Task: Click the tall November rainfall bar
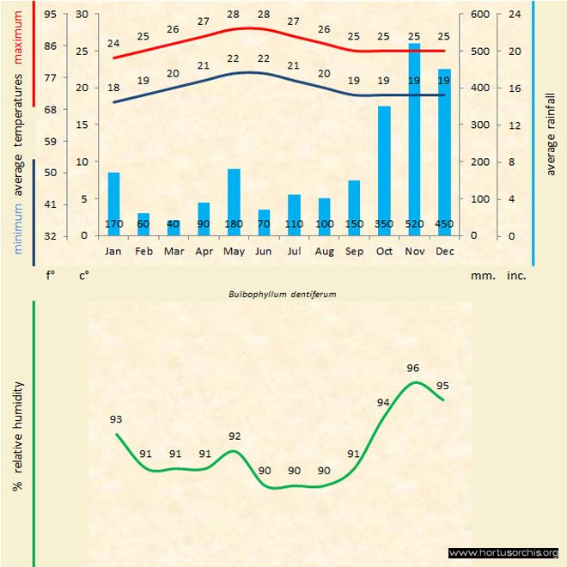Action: [x=414, y=137]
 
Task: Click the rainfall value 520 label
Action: [x=414, y=225]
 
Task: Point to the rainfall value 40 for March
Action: [x=174, y=225]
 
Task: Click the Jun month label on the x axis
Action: [x=264, y=251]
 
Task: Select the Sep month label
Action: [x=354, y=251]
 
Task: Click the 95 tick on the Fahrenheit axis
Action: [x=52, y=15]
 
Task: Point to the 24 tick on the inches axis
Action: [x=515, y=15]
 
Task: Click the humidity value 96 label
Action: [x=412, y=369]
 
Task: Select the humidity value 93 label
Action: [x=116, y=419]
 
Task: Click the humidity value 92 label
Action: [x=235, y=436]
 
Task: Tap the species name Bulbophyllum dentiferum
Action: [x=282, y=294]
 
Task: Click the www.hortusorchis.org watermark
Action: [x=503, y=553]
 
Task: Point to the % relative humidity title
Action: [x=17, y=436]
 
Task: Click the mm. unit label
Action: [x=481, y=277]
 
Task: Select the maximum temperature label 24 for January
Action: [x=113, y=43]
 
